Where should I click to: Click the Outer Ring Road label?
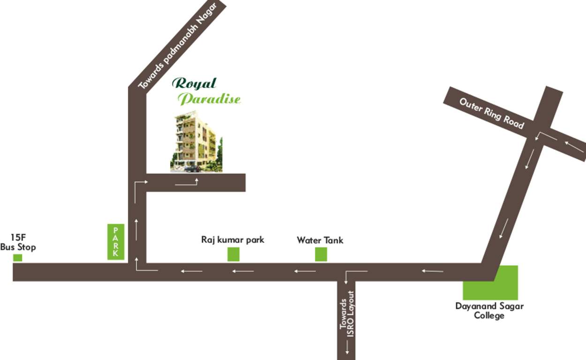click(x=491, y=113)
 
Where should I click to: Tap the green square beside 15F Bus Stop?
click(x=18, y=257)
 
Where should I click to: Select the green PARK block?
click(x=116, y=241)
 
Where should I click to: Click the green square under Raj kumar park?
click(x=233, y=254)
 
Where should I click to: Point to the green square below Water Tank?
click(x=321, y=254)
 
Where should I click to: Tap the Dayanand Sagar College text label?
click(x=489, y=311)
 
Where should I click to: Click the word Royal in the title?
click(x=194, y=83)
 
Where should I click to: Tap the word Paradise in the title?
click(x=210, y=99)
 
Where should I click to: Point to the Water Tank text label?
click(x=320, y=240)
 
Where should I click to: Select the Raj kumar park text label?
click(x=233, y=240)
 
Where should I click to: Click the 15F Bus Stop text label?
click(x=18, y=243)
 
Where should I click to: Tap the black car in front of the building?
click(x=193, y=169)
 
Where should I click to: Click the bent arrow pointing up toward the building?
click(x=187, y=182)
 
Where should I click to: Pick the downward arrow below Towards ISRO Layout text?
click(x=347, y=347)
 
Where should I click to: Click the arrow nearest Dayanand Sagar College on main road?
click(x=432, y=270)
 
